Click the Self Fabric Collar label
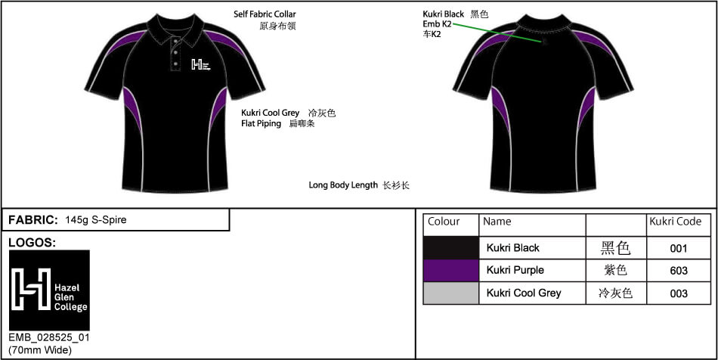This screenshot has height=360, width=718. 265,14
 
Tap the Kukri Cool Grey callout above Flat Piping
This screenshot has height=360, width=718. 270,113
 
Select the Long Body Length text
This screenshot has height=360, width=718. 343,185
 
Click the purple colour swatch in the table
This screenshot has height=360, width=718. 451,270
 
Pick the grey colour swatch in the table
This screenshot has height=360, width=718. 451,293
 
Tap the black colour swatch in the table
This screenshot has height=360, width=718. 451,248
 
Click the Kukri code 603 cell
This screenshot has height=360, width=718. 678,271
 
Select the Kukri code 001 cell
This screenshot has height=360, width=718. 678,249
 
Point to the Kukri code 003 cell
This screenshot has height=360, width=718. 678,293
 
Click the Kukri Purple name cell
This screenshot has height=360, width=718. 515,270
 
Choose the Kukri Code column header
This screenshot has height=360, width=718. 676,222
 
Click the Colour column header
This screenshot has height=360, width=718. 444,222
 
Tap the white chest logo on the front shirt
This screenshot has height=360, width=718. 200,64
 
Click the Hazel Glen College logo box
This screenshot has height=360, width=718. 49,290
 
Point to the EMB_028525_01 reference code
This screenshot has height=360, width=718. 49,338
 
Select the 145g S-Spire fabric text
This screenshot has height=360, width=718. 96,220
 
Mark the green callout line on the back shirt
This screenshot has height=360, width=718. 499,33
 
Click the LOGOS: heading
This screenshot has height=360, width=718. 32,243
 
